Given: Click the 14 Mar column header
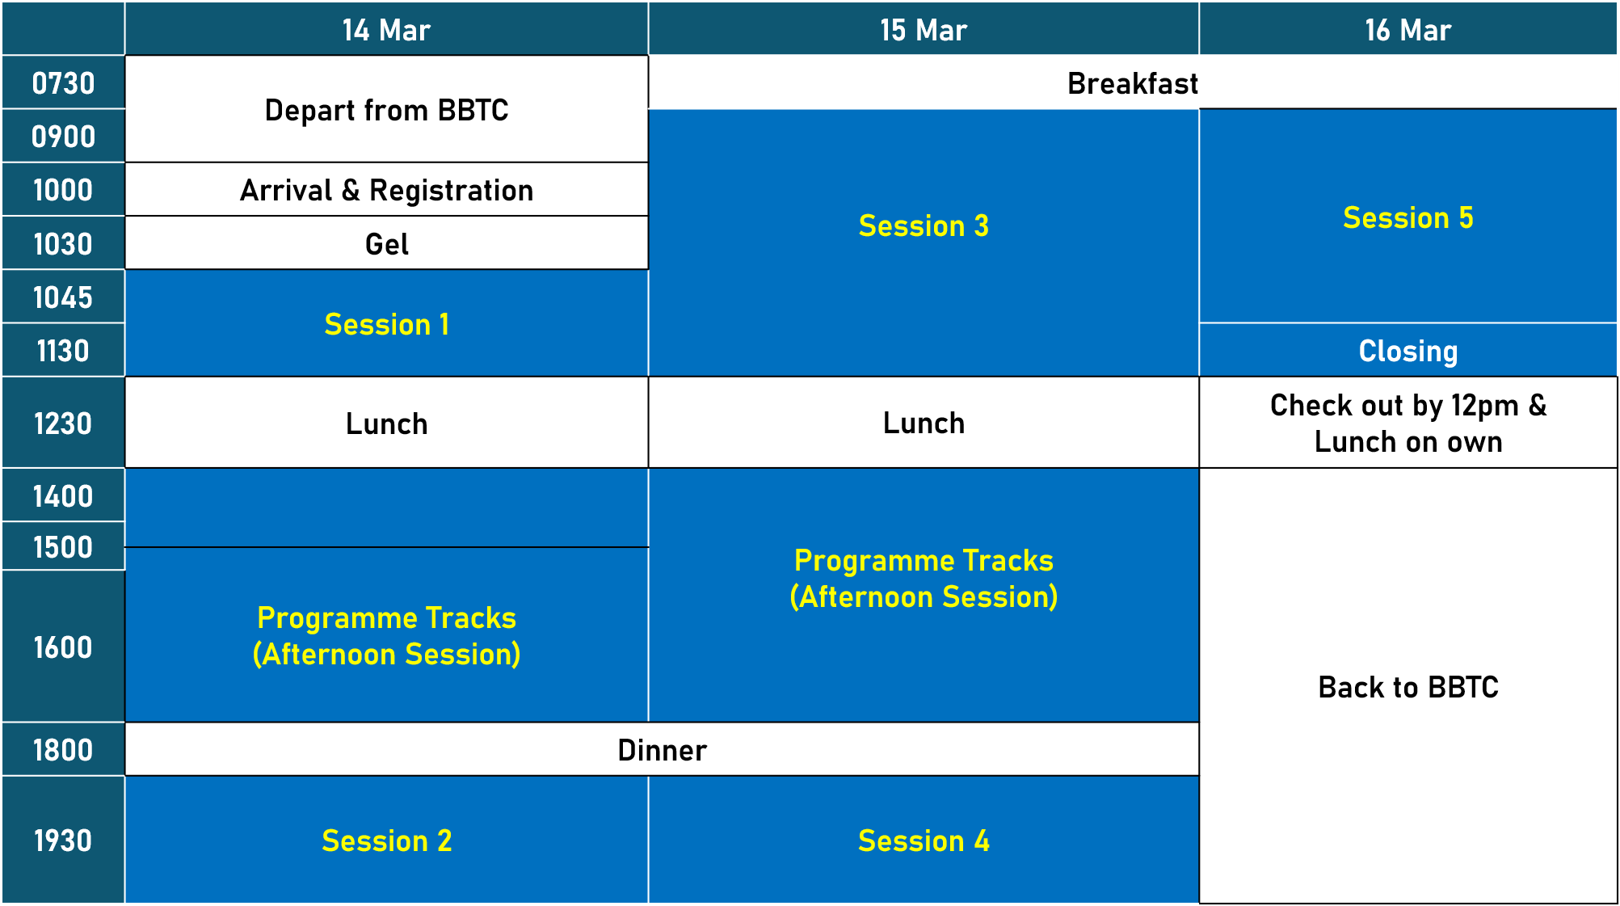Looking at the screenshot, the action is (x=386, y=30).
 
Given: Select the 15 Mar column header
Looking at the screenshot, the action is (x=924, y=30).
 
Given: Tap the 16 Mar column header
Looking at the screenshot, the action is (x=1408, y=30).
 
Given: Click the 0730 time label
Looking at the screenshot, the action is (x=63, y=83).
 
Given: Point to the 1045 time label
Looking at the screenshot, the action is (x=63, y=297).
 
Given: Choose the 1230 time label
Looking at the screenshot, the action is (x=63, y=424).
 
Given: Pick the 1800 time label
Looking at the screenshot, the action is (x=63, y=750).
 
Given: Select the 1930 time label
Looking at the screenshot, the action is (x=63, y=841).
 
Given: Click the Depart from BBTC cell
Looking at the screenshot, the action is (x=386, y=109).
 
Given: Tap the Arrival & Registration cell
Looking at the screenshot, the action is (x=386, y=190).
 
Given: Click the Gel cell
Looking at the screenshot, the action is (x=386, y=243).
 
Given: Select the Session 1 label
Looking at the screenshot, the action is (x=386, y=324).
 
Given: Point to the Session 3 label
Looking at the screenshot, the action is (x=924, y=225).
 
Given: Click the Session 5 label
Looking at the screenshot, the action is (x=1408, y=217).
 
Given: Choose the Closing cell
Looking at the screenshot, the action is (x=1408, y=351).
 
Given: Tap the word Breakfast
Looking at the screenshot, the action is (x=1133, y=83).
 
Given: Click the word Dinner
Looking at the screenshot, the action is (x=663, y=750).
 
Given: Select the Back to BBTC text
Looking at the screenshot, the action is (x=1408, y=687).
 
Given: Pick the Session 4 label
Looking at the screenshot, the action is (x=924, y=841).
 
